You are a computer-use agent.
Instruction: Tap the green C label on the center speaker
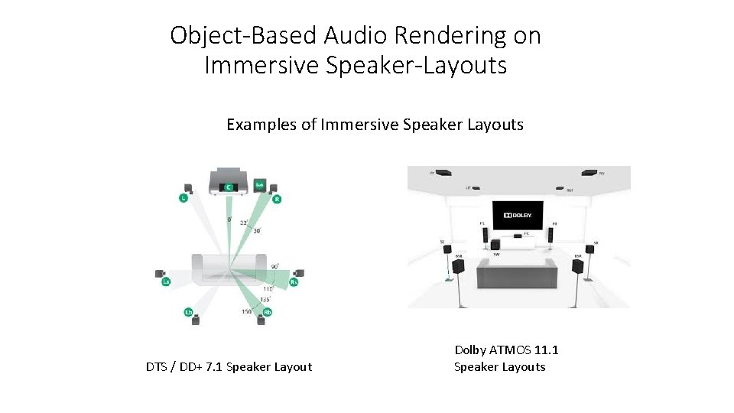click(x=227, y=187)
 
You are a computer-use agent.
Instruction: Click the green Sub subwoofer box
click(x=259, y=184)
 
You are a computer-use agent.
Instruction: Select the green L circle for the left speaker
click(x=183, y=199)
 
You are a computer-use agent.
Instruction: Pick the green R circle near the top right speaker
click(x=277, y=200)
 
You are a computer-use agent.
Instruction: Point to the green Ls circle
click(x=166, y=282)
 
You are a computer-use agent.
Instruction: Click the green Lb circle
click(x=188, y=311)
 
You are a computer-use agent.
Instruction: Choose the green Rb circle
click(x=268, y=312)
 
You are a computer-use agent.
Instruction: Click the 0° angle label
click(x=229, y=220)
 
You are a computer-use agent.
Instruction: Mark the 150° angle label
click(x=247, y=311)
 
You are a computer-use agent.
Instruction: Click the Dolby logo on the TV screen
click(x=517, y=216)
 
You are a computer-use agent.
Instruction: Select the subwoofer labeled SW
click(x=496, y=246)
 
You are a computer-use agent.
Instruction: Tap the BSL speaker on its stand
click(x=458, y=266)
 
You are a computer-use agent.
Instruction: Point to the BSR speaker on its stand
click(x=578, y=266)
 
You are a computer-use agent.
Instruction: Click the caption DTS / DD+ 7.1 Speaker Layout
click(x=229, y=367)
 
